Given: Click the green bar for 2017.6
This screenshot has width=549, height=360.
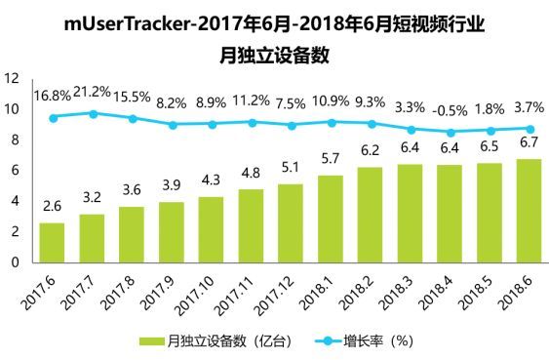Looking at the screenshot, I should (52, 242).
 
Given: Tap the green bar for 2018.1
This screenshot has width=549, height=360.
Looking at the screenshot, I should (330, 219).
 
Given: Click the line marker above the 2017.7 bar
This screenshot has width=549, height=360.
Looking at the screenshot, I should (92, 113).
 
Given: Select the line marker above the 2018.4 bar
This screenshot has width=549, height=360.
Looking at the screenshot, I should (449, 132).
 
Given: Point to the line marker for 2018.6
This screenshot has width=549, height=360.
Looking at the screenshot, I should (528, 129).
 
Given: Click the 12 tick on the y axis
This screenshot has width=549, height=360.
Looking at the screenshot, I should (13, 78).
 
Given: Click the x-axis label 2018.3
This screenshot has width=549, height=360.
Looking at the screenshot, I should (401, 289).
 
